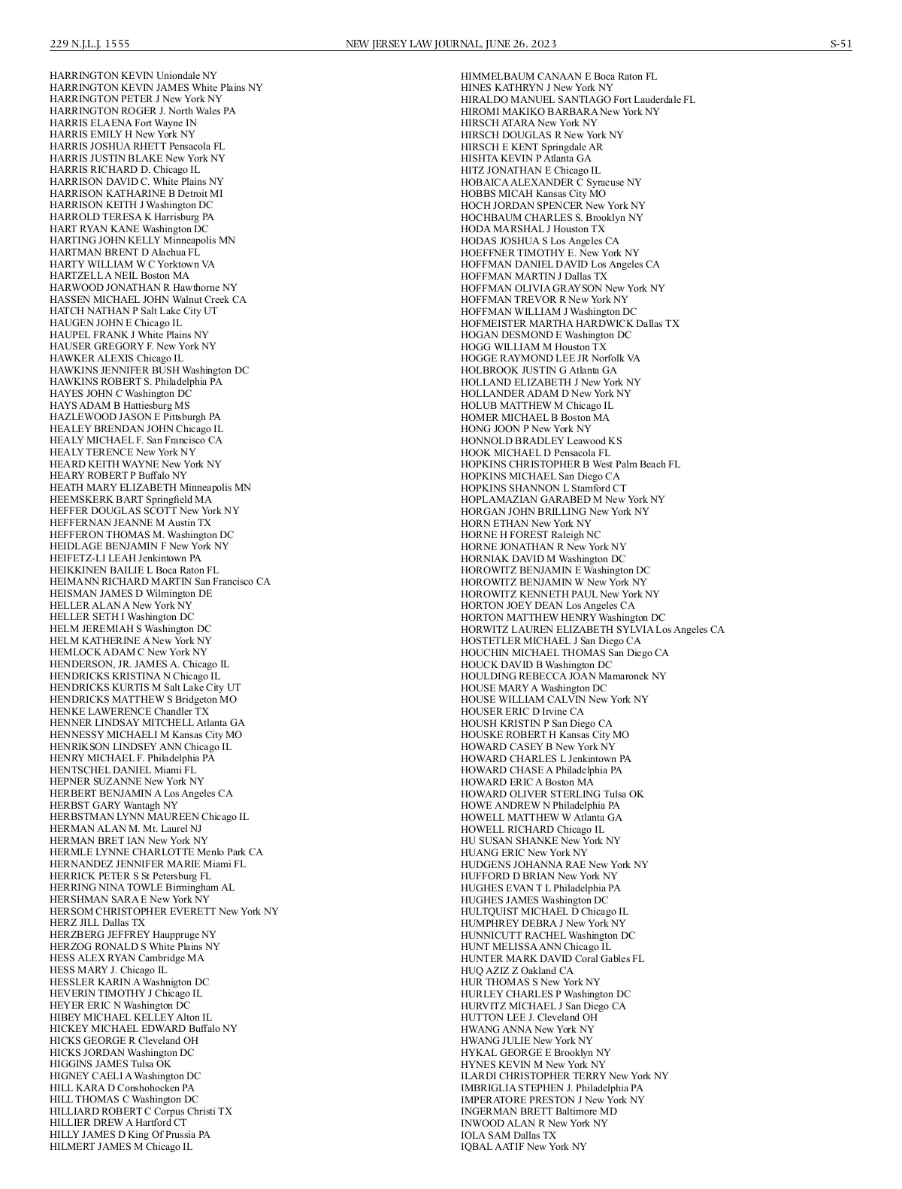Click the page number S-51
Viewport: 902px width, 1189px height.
point(840,44)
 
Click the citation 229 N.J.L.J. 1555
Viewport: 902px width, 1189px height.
point(89,44)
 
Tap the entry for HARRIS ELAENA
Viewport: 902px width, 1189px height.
point(123,123)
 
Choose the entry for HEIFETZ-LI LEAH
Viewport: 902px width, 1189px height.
point(126,558)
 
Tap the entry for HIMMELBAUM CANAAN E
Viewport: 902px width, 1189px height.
point(558,76)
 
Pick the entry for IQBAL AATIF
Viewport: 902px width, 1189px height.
point(523,1146)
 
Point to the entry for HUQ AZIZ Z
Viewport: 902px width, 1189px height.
point(516,970)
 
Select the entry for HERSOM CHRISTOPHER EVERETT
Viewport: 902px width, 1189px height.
point(164,911)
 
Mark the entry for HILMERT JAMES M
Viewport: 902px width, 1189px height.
point(121,1146)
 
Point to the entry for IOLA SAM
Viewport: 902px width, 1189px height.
point(508,1135)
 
